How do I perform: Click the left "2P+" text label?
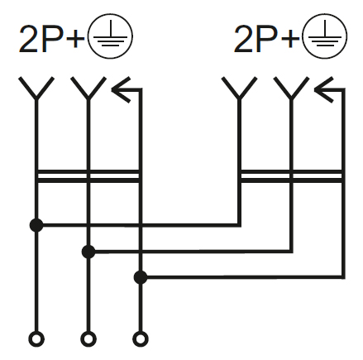[x=51, y=39]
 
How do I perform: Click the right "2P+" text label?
[x=266, y=39]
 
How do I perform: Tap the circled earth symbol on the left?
[x=110, y=36]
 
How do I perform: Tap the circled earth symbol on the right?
[x=325, y=36]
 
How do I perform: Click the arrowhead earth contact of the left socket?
[x=121, y=89]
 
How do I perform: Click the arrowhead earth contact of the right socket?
[x=324, y=89]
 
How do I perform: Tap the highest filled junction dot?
[x=36, y=225]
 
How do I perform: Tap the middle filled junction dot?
[x=88, y=252]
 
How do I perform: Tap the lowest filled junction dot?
[x=141, y=277]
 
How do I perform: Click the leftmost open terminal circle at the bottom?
[x=36, y=338]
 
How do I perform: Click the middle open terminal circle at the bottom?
[x=88, y=338]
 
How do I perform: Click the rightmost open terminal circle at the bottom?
[x=141, y=338]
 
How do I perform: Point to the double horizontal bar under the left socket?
[x=88, y=176]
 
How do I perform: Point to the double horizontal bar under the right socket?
[x=292, y=176]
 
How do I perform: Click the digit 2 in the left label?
[x=28, y=39]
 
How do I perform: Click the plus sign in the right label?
[x=290, y=40]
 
